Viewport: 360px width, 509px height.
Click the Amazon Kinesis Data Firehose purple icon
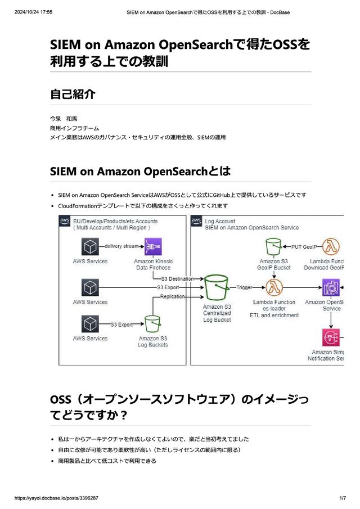point(153,246)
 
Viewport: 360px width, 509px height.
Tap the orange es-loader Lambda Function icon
point(274,287)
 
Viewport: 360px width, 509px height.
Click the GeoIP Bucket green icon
point(274,246)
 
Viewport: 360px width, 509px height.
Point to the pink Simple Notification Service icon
point(331,337)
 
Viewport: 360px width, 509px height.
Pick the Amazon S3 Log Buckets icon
point(153,324)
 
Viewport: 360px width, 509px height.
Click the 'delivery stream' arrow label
point(123,246)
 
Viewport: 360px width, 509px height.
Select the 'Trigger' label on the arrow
point(244,287)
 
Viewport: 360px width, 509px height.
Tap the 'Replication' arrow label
point(172,296)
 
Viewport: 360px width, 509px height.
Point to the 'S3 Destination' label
point(177,278)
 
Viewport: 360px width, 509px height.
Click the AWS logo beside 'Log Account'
point(196,221)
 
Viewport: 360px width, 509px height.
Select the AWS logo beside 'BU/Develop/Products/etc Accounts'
point(65,221)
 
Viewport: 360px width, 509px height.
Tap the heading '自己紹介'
point(73,94)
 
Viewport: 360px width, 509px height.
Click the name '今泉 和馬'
point(64,119)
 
